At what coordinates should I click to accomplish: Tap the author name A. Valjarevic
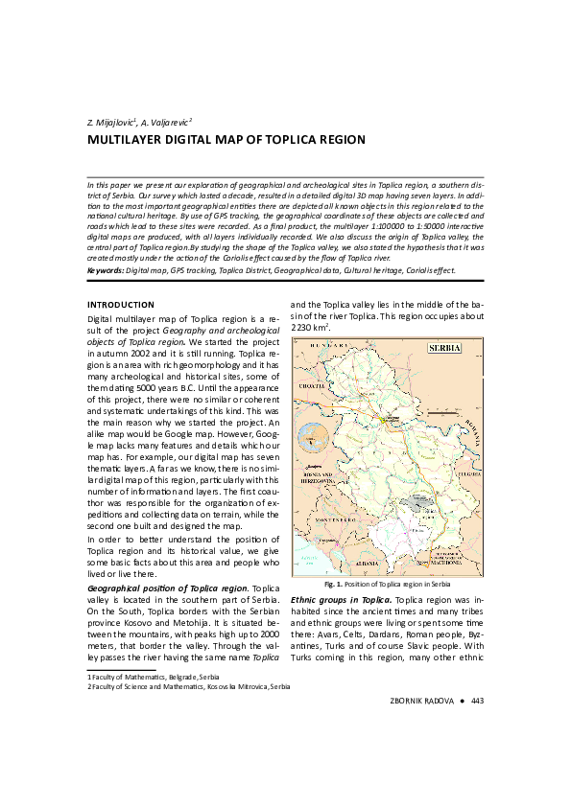pos(167,123)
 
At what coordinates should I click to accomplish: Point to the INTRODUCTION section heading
pos(121,305)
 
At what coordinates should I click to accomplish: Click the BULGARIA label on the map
pos(468,474)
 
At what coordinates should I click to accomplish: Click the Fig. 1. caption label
pos(333,584)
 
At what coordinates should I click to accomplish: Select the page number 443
pos(477,701)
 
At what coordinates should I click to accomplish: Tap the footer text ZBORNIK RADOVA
pos(422,701)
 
